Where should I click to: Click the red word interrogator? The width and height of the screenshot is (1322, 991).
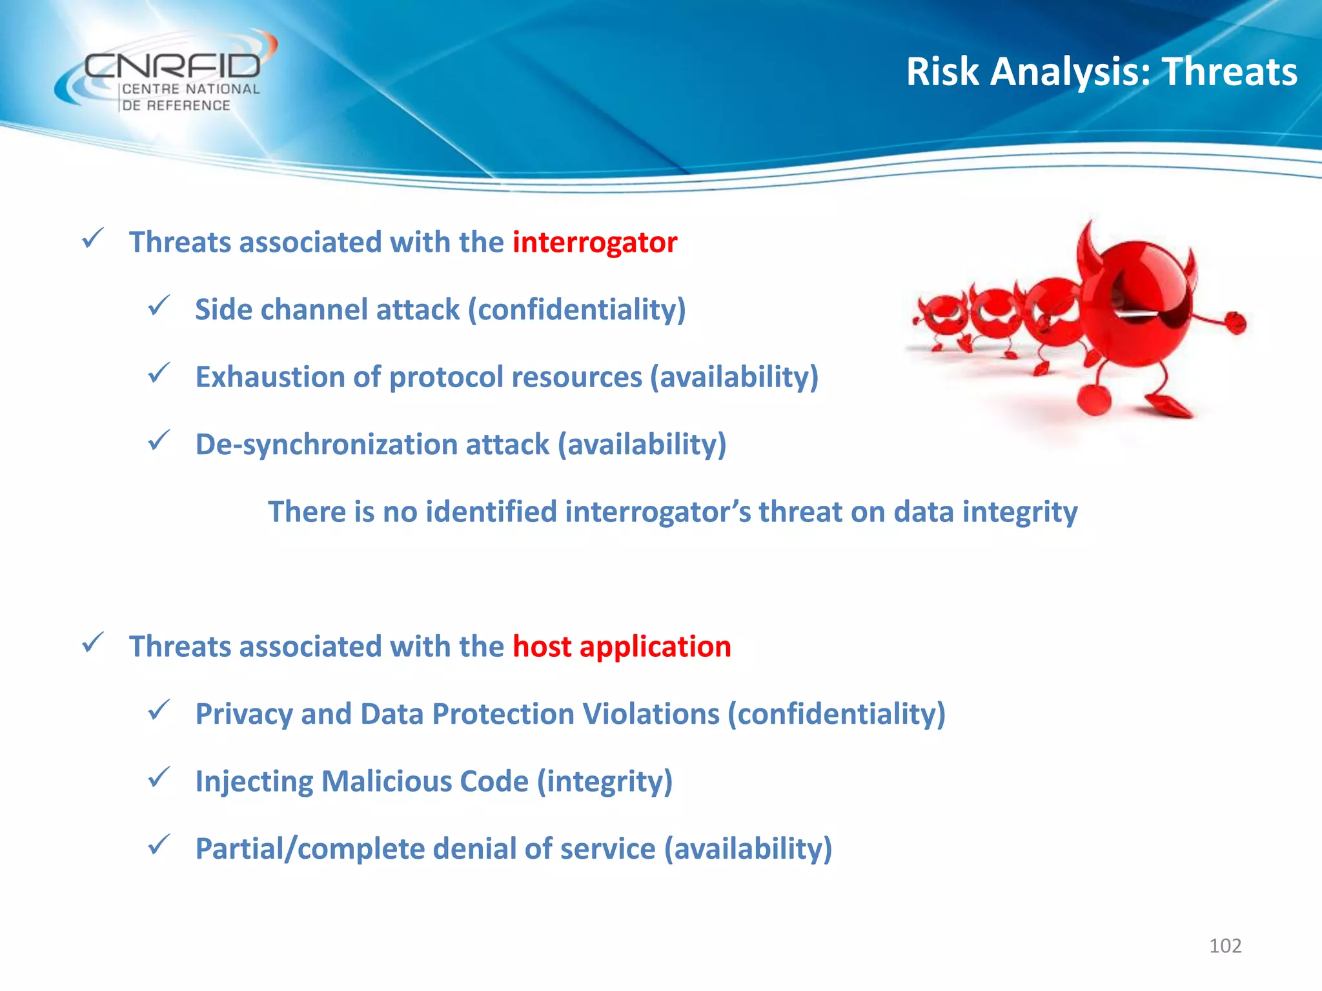click(x=595, y=243)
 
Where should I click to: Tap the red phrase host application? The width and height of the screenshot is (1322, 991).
click(x=622, y=646)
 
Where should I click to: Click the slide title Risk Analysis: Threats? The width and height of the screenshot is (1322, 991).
click(x=1101, y=71)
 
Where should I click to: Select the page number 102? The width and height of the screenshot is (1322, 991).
click(x=1225, y=946)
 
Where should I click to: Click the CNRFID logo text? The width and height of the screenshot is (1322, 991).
click(x=172, y=66)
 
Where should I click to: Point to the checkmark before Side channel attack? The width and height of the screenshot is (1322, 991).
click(x=158, y=305)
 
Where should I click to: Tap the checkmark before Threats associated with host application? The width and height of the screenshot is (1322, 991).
click(x=93, y=643)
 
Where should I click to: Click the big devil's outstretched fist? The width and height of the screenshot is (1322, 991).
click(x=1236, y=322)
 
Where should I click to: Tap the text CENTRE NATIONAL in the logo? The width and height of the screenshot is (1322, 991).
click(x=190, y=90)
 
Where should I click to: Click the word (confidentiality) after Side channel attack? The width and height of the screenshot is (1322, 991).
click(x=576, y=310)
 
